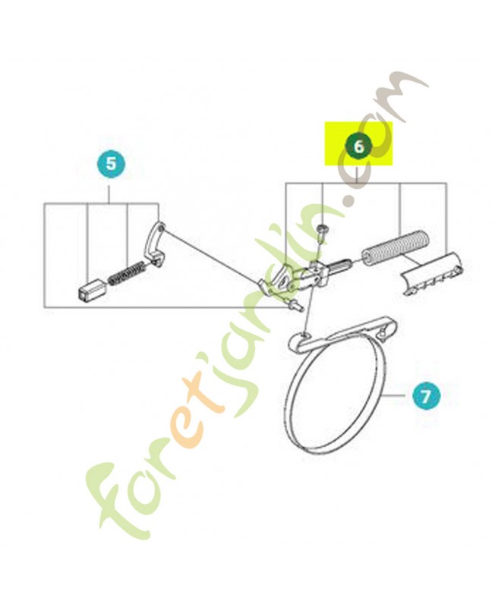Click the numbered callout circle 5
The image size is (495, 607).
coord(111,164)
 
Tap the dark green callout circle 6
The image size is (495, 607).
coord(359,146)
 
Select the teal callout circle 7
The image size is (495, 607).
coord(425,396)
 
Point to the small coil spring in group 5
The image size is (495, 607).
coord(127,274)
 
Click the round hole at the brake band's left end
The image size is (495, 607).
coord(304,335)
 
